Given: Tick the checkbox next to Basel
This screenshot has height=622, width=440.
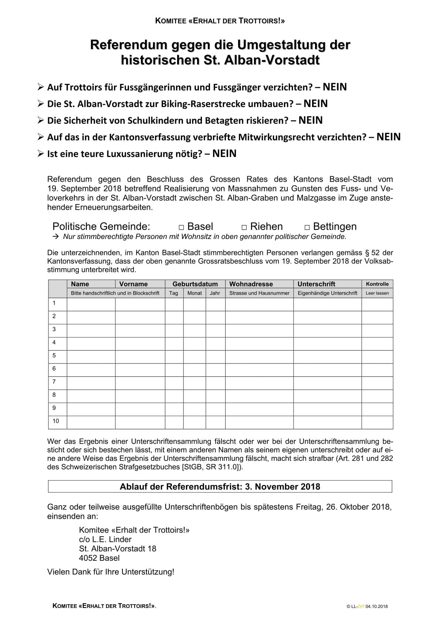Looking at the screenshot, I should (181, 228).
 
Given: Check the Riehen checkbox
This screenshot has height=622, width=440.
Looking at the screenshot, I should (244, 228).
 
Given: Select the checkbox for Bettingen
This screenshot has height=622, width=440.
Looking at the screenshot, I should (307, 228).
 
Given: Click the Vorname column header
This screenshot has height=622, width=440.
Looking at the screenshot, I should (133, 284).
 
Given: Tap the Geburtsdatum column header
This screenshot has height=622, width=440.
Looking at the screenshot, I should (195, 284).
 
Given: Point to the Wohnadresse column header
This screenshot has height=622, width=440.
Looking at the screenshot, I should (251, 284).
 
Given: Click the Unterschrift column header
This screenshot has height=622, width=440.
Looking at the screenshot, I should (316, 284).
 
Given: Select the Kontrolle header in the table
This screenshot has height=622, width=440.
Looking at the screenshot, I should (377, 284).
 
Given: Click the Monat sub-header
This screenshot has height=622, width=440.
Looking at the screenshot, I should (194, 293).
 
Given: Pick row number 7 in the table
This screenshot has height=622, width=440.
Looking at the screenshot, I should (54, 382).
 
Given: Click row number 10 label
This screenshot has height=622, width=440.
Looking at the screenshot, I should (56, 421).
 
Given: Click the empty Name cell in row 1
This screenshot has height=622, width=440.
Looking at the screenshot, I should (91, 304).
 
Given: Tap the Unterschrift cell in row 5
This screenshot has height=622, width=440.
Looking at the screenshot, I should (327, 357).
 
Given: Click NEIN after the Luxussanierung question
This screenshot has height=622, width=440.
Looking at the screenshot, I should (224, 154).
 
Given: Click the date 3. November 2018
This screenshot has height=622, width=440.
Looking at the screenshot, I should (282, 486).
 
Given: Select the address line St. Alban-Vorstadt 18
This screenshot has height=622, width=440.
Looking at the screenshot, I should (118, 548).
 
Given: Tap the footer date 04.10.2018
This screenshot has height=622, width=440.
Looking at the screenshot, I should (377, 606).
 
